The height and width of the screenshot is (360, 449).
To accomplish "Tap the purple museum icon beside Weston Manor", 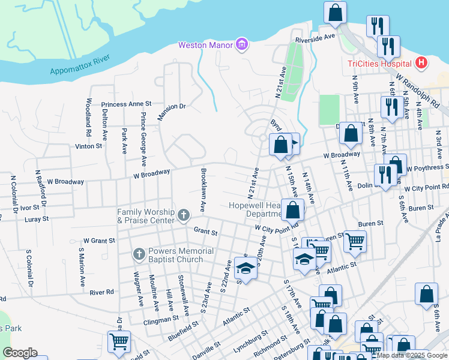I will click(241, 44).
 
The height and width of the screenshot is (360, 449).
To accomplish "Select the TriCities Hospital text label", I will click(379, 64).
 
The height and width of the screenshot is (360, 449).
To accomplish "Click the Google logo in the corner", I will click(20, 353).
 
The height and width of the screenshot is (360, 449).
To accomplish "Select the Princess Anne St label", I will click(126, 104).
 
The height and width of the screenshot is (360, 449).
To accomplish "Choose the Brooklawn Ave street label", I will click(203, 188).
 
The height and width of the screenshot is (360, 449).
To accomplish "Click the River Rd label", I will click(101, 292).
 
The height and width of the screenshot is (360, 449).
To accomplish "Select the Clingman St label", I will click(161, 321).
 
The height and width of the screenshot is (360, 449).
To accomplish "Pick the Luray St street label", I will click(37, 219).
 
